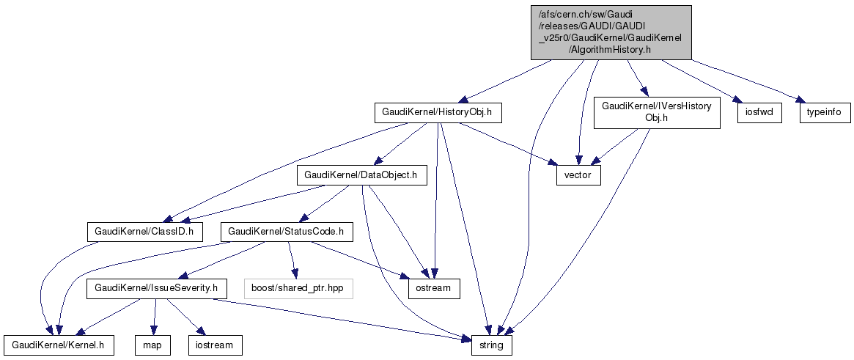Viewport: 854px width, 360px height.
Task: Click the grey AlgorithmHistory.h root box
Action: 611,32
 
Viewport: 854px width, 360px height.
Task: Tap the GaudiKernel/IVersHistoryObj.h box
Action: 656,113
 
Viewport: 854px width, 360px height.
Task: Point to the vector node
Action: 578,176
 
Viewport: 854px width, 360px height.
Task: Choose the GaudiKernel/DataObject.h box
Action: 361,176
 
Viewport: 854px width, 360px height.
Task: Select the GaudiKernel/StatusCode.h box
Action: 287,232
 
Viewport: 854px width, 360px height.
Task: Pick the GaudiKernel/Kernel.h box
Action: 59,345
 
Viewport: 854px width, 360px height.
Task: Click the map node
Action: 152,345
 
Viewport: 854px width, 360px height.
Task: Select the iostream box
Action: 214,345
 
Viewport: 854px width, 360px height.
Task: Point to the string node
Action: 490,345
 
